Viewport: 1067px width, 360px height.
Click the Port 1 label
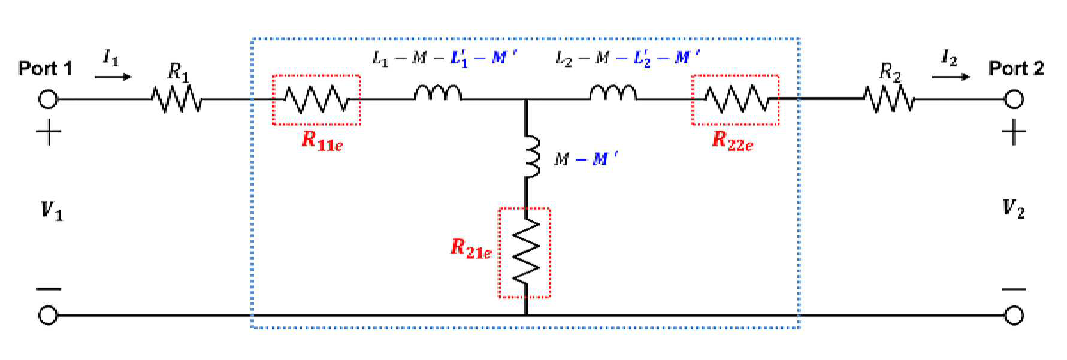click(x=46, y=68)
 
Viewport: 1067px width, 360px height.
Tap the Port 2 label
click(x=1016, y=68)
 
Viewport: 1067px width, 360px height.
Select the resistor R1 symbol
click(x=177, y=99)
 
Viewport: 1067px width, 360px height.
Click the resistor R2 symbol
click(x=889, y=99)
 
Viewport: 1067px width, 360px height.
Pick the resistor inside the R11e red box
click(x=316, y=99)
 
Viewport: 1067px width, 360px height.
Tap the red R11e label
click(x=322, y=140)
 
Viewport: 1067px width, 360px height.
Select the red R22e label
click(x=733, y=140)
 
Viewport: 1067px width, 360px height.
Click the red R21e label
click(x=471, y=248)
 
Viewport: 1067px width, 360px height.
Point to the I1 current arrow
click(x=113, y=77)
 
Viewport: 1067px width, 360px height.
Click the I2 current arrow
click(x=951, y=77)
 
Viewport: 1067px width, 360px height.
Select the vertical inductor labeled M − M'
click(x=531, y=156)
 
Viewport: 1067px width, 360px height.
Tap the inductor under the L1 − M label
click(x=438, y=92)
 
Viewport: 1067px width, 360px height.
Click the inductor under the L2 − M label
click(x=613, y=92)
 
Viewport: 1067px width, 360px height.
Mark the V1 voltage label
click(x=52, y=211)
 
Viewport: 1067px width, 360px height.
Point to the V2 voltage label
click(x=1014, y=208)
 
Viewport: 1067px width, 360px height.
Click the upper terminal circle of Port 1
click(x=48, y=99)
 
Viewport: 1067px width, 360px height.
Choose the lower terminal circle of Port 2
click(x=1014, y=315)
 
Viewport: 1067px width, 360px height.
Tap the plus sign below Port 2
click(x=1014, y=132)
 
